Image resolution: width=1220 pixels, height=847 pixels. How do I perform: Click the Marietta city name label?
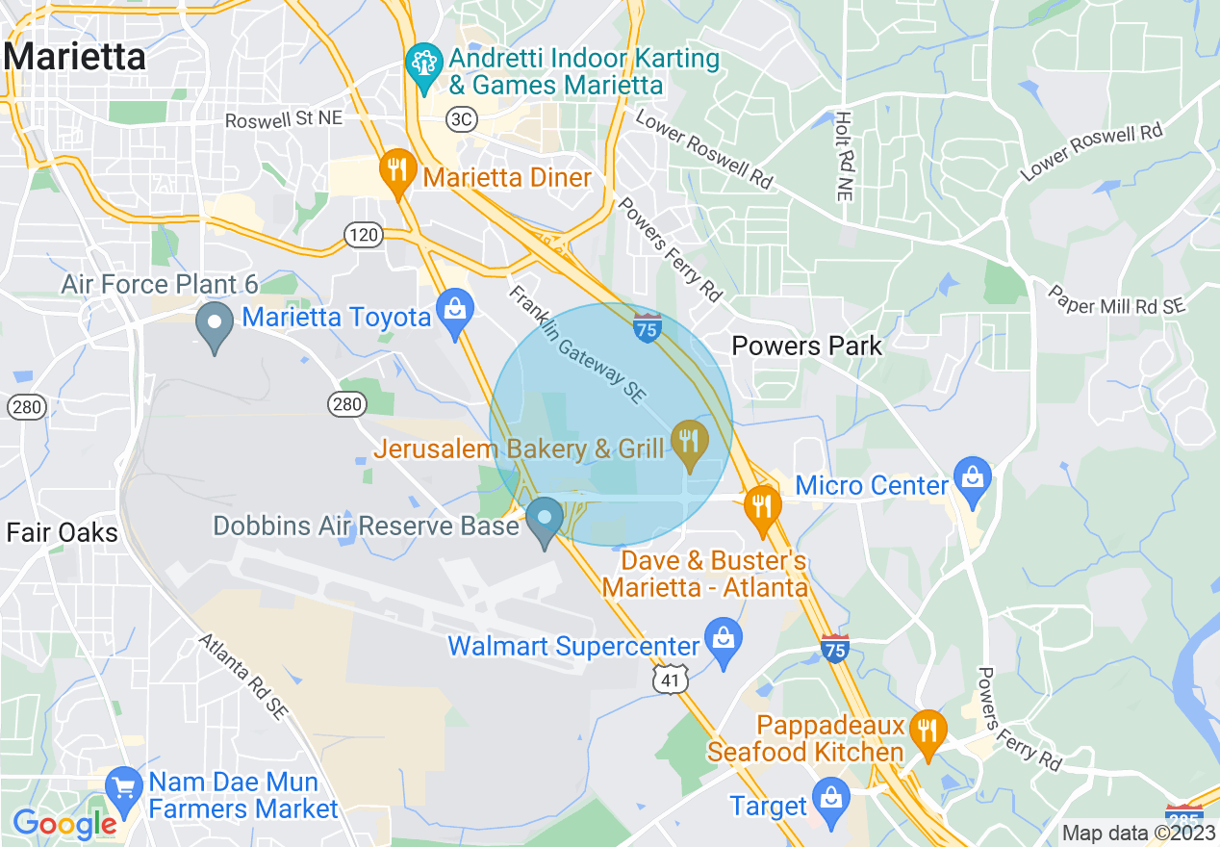(74, 57)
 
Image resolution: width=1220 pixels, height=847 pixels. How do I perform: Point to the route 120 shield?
(366, 234)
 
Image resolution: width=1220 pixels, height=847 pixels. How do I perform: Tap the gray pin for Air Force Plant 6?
(214, 325)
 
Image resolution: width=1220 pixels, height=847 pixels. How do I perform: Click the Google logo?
(64, 824)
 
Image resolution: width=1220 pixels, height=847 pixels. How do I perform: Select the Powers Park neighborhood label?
(806, 346)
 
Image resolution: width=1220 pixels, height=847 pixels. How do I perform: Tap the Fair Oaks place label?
(62, 532)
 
